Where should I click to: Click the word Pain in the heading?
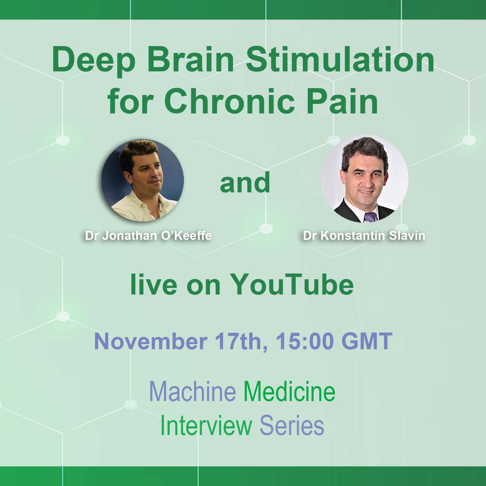click(342, 101)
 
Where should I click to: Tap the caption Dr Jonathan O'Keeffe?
click(148, 236)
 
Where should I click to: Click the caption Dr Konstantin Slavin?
click(364, 236)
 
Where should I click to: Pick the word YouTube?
click(292, 284)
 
